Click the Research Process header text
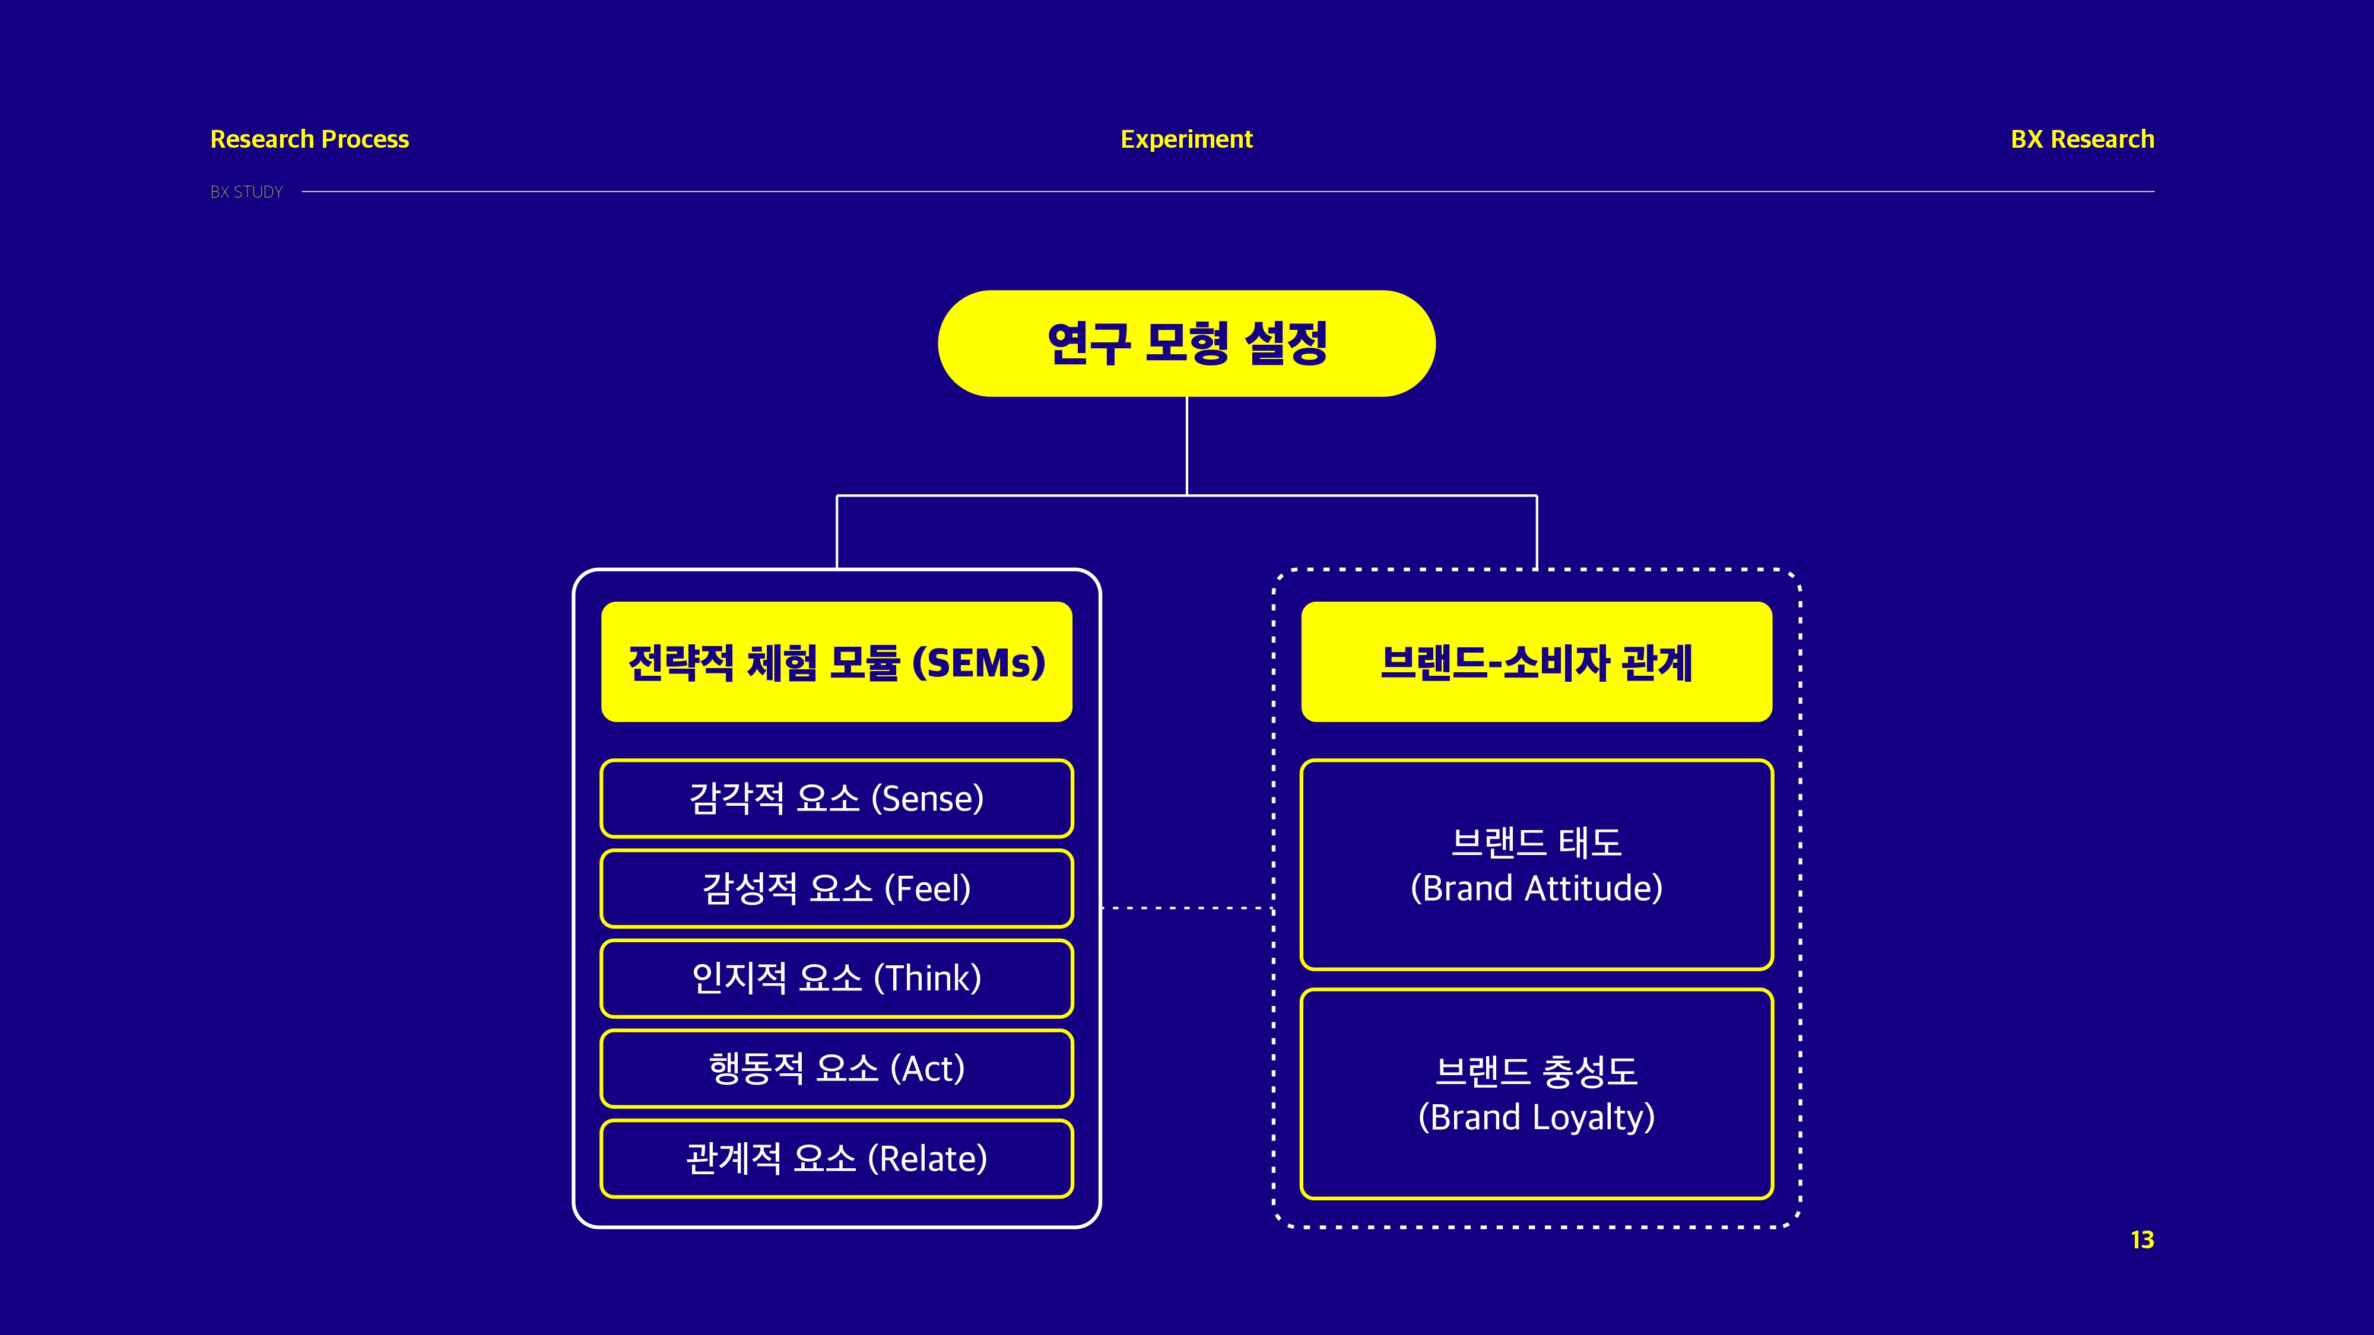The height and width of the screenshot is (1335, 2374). [x=310, y=139]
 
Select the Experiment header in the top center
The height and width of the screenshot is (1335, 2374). [x=1186, y=139]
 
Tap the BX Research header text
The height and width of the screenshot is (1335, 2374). [x=2082, y=139]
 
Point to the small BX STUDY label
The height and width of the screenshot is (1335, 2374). [x=246, y=192]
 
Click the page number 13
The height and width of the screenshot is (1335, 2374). [x=2142, y=1240]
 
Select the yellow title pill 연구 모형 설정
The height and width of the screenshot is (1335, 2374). [x=1186, y=344]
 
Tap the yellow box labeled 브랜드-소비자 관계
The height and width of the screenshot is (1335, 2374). [x=1537, y=662]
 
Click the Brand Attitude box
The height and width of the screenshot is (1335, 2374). [x=1537, y=864]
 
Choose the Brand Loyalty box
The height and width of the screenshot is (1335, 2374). [x=1537, y=1094]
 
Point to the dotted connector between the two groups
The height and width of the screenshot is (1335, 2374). [x=1187, y=908]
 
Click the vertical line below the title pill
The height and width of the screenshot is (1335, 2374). [x=1186, y=446]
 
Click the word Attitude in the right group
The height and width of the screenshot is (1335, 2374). [x=1594, y=888]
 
